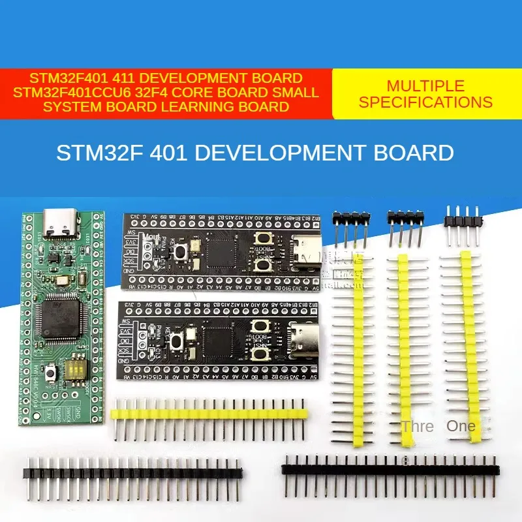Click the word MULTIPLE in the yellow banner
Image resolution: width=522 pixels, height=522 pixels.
pos(425,86)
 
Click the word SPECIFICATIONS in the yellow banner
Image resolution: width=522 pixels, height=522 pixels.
pos(425,102)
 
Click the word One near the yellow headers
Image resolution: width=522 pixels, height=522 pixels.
pos(461,426)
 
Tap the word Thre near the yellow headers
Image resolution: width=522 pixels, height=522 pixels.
pos(418,427)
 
